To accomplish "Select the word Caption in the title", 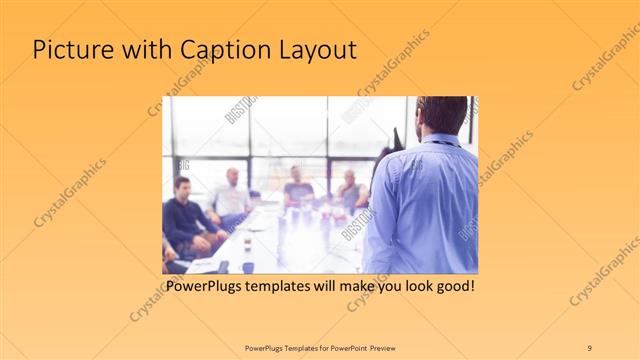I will coord(217,51).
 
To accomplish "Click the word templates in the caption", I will coord(291,287).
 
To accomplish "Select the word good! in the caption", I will coord(453,287).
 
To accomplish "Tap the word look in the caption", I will coord(409,287).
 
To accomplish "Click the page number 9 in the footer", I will coord(589,347).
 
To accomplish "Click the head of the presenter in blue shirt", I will coord(441,115).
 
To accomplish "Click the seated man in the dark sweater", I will coord(182,215).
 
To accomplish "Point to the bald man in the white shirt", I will coord(232,196).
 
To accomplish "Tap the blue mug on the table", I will coord(247,267).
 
